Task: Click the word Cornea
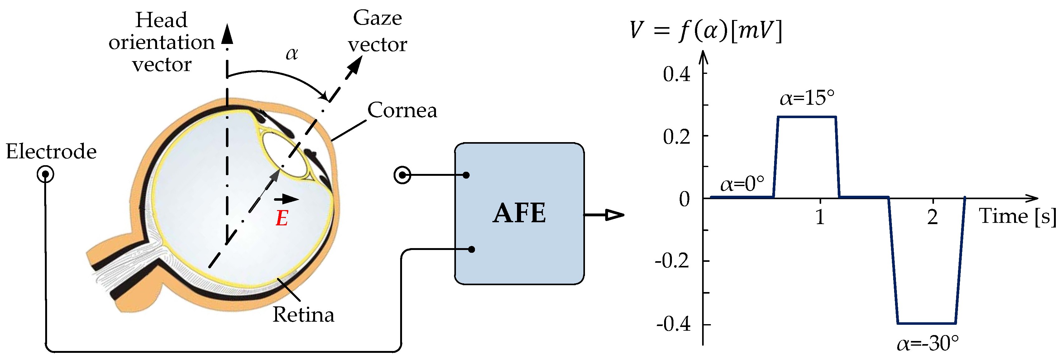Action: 402,110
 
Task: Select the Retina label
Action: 303,315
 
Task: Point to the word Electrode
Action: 51,151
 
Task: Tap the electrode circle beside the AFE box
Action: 402,175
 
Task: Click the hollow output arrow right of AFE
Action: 613,215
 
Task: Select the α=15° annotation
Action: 807,98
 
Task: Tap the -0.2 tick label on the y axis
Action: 672,261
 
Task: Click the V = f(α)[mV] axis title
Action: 705,30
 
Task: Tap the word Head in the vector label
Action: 161,20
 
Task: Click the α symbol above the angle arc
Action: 292,54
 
